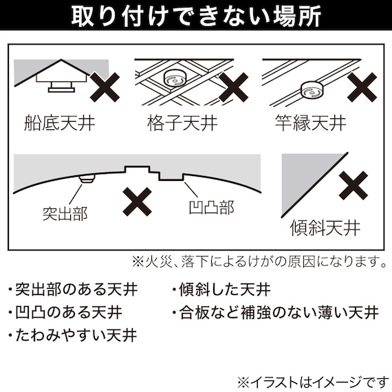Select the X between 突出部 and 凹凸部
pyautogui.click(x=138, y=202)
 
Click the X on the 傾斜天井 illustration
pyautogui.click(x=356, y=186)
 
